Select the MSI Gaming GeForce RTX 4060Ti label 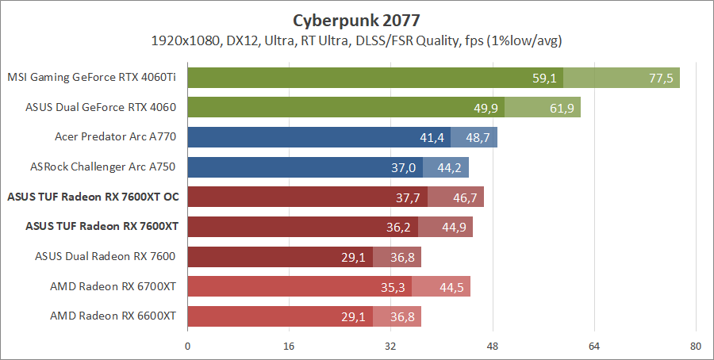[x=91, y=78]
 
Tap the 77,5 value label [x=660, y=78]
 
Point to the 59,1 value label [x=545, y=78]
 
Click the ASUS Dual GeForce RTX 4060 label [x=101, y=107]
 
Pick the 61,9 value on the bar [x=562, y=108]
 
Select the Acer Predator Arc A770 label [x=115, y=137]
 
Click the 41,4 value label [x=432, y=138]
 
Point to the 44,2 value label [x=450, y=167]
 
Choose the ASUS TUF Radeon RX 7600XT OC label [x=91, y=197]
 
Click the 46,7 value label [x=465, y=197]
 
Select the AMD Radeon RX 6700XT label [x=113, y=286]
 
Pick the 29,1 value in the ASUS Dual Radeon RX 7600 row [x=355, y=257]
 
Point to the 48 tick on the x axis [x=492, y=347]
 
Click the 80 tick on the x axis [x=695, y=347]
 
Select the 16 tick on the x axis [x=289, y=347]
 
